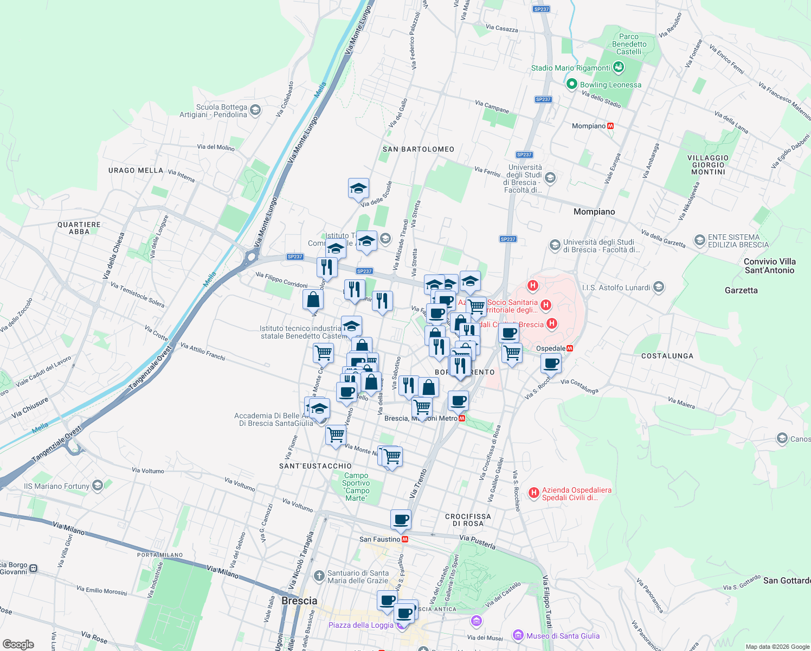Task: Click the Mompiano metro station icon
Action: point(611,126)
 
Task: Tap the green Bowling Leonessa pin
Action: point(571,85)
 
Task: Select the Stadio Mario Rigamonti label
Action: point(570,68)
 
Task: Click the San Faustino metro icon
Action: point(404,539)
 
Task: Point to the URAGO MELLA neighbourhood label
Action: point(136,170)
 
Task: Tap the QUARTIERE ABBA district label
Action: point(79,228)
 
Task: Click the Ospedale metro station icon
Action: point(570,348)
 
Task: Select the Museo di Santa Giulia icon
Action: point(518,635)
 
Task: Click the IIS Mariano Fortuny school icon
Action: point(98,485)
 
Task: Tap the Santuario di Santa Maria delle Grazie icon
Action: point(319,575)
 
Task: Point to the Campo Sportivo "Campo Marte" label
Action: point(356,487)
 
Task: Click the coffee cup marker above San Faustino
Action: point(401,519)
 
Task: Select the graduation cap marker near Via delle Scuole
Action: point(358,189)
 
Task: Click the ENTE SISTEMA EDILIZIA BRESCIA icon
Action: point(699,240)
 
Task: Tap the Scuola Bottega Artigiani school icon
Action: point(255,110)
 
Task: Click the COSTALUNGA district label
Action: point(667,356)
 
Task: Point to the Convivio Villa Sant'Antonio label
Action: point(769,266)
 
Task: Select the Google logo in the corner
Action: point(18,644)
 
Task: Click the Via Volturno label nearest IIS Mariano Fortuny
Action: point(148,470)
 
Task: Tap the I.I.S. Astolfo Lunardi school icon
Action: point(659,287)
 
